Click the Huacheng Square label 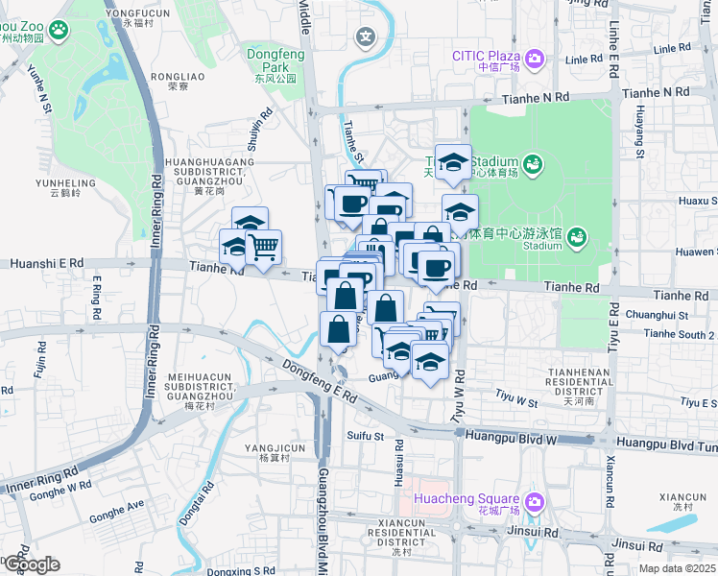[x=467, y=500]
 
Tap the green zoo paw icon [x=60, y=31]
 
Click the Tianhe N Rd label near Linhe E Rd [x=656, y=93]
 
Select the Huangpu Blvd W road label [x=510, y=435]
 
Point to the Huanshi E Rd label [x=46, y=262]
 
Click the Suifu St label [x=365, y=437]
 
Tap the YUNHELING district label [x=65, y=187]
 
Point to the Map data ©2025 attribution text [x=677, y=568]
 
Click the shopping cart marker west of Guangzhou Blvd [x=263, y=246]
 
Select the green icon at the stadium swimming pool [x=576, y=236]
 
